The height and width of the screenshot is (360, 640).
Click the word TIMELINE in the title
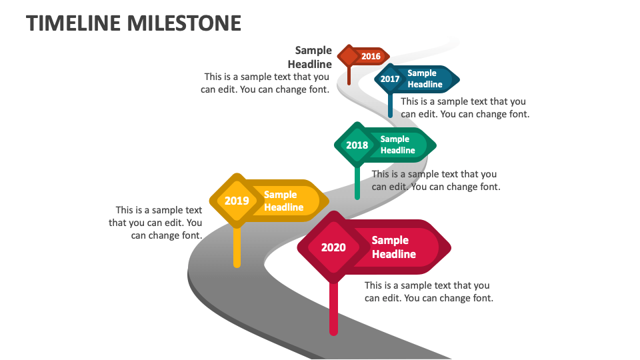point(74,23)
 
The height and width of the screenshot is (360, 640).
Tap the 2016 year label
point(371,57)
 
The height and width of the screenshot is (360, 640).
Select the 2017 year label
point(390,79)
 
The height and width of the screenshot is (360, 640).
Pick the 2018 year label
point(357,145)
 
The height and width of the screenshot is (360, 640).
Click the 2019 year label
point(237,201)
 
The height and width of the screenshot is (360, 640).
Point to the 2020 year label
point(333,248)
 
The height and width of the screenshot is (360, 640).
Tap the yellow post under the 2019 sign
point(237,247)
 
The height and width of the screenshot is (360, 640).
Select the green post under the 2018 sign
point(357,183)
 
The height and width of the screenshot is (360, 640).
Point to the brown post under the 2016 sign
point(349,76)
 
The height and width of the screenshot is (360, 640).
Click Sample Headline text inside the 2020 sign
point(393,247)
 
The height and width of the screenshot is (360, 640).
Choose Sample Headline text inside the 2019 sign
point(283,201)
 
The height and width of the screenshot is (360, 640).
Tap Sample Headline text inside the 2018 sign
point(397,145)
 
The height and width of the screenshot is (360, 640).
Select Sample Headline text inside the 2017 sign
point(425,79)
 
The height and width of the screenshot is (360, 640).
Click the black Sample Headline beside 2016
point(311,57)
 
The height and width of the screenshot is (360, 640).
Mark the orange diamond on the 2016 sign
point(349,56)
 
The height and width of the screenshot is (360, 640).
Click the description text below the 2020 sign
point(429,292)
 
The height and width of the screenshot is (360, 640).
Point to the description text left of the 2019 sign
point(156,223)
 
